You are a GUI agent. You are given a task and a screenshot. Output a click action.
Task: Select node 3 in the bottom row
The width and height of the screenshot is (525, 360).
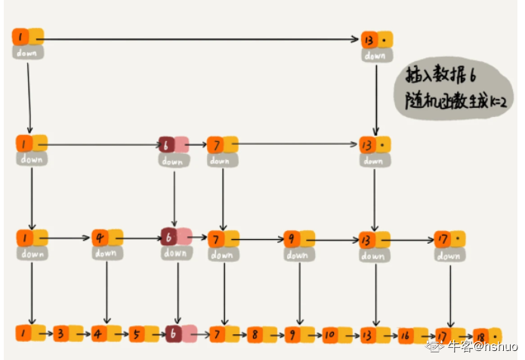[x=61, y=333]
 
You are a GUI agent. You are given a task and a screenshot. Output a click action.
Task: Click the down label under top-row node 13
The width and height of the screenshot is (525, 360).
[x=375, y=55]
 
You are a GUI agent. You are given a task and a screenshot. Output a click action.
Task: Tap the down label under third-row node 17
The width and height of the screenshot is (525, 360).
[x=449, y=255]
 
